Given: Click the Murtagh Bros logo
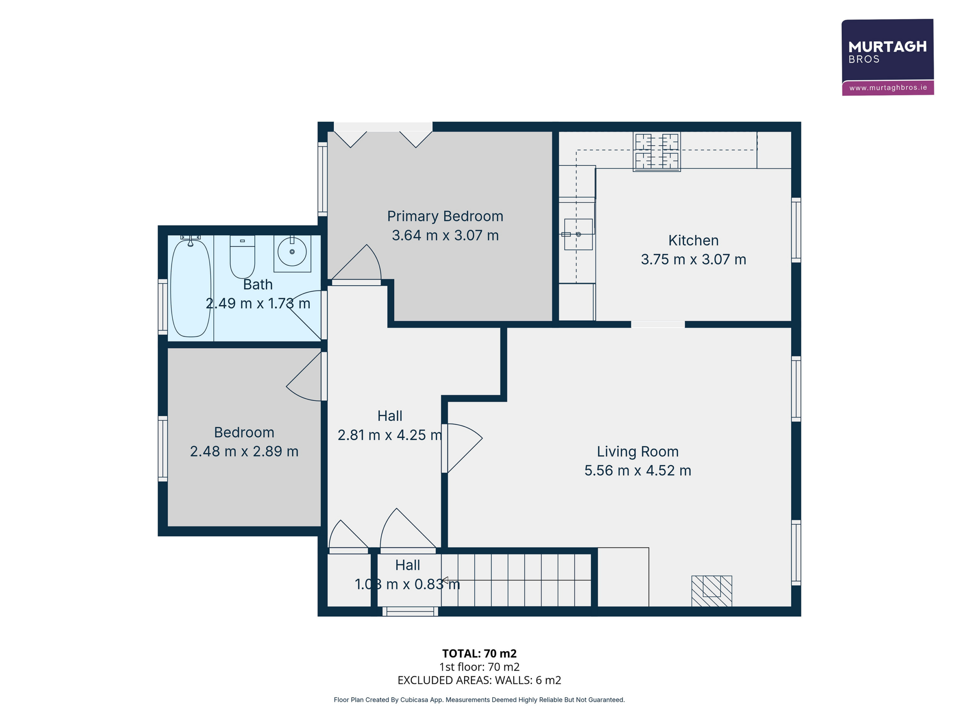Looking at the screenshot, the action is click(x=887, y=57).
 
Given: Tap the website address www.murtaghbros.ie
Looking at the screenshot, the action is click(x=888, y=88).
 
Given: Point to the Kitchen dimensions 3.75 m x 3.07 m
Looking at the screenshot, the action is click(x=693, y=259).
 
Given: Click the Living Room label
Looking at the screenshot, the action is click(x=637, y=451).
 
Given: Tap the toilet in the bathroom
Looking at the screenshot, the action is click(x=242, y=257).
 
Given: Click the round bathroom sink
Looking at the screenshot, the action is click(x=292, y=252).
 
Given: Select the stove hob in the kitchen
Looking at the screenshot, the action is click(x=656, y=151).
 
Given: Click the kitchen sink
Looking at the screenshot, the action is click(x=578, y=234).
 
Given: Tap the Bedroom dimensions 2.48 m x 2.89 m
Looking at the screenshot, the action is click(x=244, y=451).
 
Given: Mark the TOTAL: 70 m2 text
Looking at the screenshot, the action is click(x=479, y=653).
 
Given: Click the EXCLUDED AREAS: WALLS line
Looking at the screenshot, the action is click(x=479, y=680).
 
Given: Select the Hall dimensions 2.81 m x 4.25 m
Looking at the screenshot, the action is click(x=390, y=435).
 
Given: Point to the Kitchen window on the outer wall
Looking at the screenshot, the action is click(x=796, y=230).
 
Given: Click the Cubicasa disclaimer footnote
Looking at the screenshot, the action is click(x=479, y=700).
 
